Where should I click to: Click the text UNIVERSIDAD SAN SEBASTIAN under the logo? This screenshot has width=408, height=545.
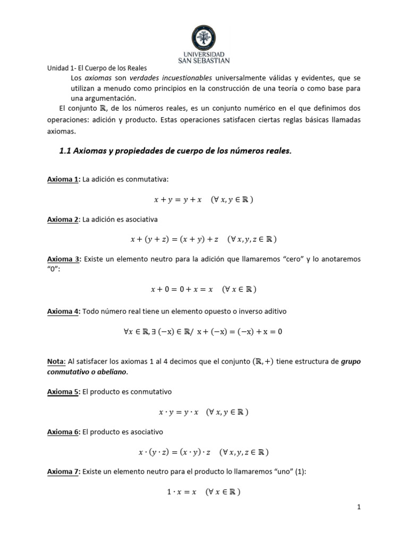(203, 57)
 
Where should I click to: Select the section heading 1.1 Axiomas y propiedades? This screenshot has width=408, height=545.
(175, 151)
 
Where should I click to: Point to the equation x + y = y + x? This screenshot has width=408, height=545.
(203, 200)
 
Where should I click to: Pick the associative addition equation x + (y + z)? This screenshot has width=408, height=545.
(203, 240)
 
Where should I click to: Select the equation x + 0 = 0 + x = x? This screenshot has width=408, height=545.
(203, 290)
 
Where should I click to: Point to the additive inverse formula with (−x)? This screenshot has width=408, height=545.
(203, 332)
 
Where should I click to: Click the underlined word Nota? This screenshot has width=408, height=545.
(56, 362)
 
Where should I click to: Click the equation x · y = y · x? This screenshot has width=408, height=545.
(203, 412)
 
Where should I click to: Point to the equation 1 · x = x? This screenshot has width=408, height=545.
(203, 492)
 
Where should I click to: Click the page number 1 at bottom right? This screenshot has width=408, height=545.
(359, 508)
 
